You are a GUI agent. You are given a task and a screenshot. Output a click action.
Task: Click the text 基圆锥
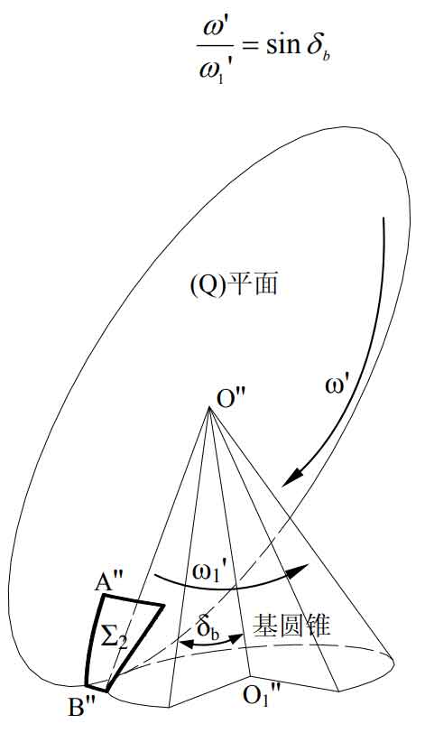click(x=291, y=626)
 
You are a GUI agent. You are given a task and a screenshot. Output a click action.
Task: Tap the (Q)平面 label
click(x=234, y=285)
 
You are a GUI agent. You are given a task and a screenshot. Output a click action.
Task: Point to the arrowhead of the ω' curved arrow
click(x=288, y=478)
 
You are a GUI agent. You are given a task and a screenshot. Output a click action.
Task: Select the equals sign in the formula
click(x=250, y=47)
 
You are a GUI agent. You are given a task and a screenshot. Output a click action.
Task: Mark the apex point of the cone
click(x=209, y=407)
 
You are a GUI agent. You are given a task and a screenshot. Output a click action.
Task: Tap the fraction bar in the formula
click(x=215, y=46)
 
